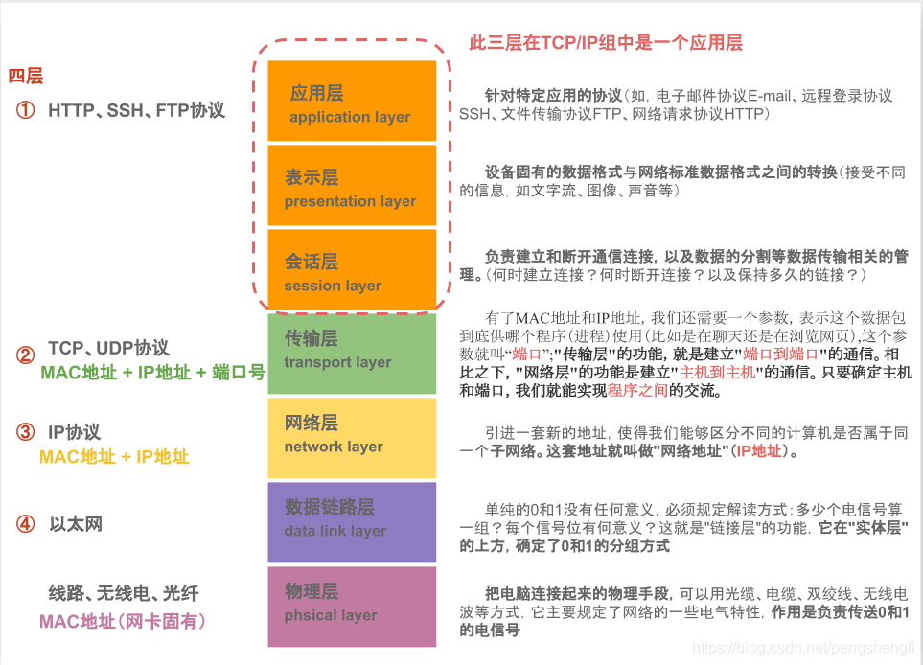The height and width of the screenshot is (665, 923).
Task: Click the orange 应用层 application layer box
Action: (x=352, y=103)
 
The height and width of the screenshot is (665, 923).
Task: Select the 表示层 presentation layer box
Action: (x=352, y=187)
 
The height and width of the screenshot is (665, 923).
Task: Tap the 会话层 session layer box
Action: (x=352, y=271)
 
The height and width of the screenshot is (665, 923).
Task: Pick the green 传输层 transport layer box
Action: (x=352, y=354)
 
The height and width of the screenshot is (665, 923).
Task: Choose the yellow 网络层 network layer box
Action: (x=352, y=438)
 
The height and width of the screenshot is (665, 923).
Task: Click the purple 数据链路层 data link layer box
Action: (x=352, y=522)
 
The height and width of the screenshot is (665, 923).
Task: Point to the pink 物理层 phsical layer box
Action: (x=352, y=607)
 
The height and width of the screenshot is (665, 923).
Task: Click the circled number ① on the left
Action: (x=25, y=110)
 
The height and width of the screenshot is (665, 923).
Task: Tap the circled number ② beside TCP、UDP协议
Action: (x=25, y=355)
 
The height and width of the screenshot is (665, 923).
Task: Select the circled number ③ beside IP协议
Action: (x=25, y=432)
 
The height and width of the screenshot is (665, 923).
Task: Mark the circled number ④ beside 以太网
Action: (x=25, y=524)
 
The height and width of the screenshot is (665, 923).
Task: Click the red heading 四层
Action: (x=26, y=77)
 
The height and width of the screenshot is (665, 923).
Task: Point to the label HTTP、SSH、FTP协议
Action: (x=137, y=110)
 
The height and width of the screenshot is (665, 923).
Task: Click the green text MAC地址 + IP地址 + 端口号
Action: (x=152, y=373)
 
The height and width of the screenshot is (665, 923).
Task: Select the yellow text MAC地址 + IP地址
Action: (x=114, y=457)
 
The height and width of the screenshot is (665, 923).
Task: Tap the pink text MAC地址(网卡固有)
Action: (x=123, y=622)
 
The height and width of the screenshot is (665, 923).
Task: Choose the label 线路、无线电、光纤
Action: (x=124, y=593)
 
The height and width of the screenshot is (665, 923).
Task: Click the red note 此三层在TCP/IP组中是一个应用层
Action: (x=606, y=43)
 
